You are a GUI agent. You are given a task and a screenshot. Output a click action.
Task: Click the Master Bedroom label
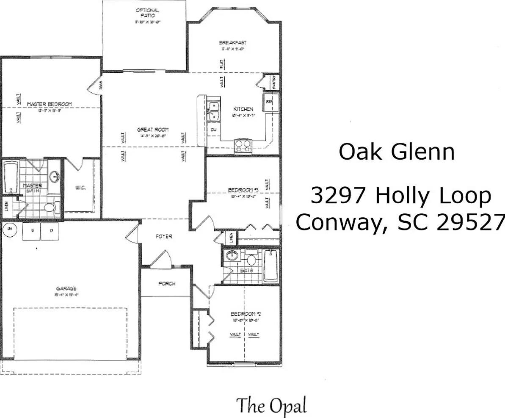click(50, 104)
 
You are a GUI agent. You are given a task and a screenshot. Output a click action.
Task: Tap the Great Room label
click(153, 130)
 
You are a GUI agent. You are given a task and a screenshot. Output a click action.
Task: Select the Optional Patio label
click(147, 13)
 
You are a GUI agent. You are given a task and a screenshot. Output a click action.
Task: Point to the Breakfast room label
click(232, 42)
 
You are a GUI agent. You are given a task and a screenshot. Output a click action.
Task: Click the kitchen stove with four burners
click(243, 145)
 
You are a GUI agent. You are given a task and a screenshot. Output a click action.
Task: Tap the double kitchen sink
click(213, 109)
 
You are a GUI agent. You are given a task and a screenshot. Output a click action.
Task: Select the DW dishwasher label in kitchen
click(214, 130)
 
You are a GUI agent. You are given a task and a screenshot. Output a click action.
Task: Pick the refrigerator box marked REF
click(269, 102)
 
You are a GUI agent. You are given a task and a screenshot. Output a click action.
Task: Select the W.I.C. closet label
click(80, 187)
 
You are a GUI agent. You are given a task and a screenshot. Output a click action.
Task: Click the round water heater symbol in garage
click(9, 230)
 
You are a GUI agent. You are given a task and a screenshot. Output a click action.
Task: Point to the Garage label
click(66, 288)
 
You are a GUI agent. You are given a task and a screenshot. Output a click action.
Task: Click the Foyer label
click(164, 236)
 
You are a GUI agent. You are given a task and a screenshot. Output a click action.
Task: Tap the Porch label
click(167, 283)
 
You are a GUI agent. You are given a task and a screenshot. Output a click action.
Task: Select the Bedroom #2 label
click(245, 314)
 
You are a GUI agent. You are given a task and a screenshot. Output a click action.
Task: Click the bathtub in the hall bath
click(271, 266)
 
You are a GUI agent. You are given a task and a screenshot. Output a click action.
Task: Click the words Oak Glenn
click(397, 152)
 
